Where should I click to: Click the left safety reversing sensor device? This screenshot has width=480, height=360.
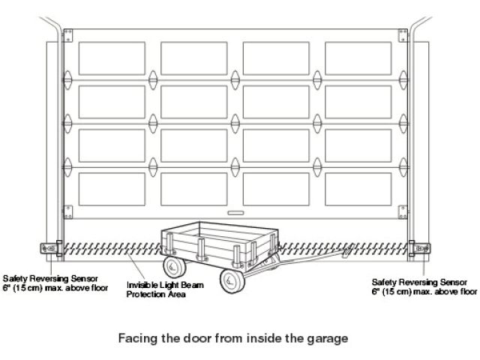click(51, 247)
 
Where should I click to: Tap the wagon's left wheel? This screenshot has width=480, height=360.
click(174, 265)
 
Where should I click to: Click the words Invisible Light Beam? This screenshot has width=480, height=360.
click(156, 285)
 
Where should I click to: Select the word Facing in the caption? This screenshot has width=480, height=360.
click(137, 337)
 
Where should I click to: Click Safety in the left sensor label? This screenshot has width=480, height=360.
click(16, 277)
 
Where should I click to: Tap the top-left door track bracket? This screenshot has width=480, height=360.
click(68, 36)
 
